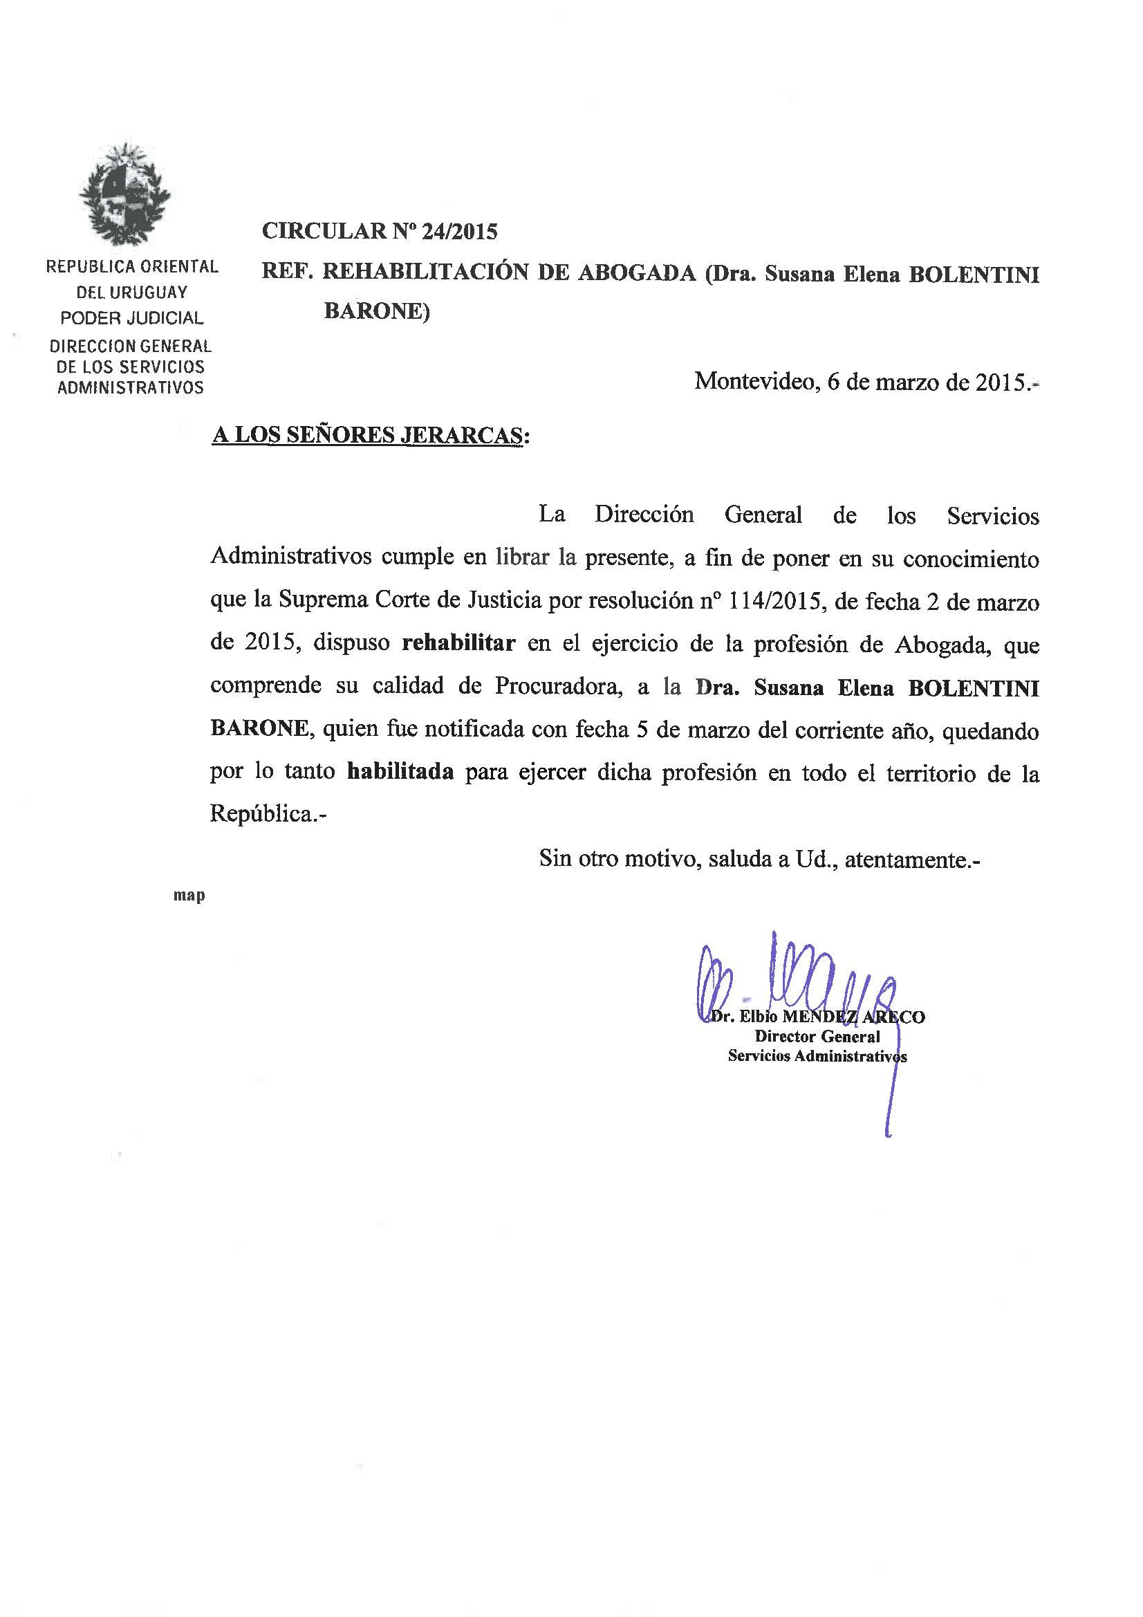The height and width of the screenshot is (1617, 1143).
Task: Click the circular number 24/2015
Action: pyautogui.click(x=459, y=231)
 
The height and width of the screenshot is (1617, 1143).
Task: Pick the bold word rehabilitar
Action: pyautogui.click(x=458, y=643)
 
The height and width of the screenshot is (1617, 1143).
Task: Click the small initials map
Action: pyautogui.click(x=189, y=895)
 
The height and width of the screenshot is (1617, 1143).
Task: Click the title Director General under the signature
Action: pyautogui.click(x=817, y=1036)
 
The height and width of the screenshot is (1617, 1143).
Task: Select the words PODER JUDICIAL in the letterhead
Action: pyautogui.click(x=131, y=318)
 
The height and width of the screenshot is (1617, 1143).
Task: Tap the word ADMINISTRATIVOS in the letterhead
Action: pyautogui.click(x=130, y=387)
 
